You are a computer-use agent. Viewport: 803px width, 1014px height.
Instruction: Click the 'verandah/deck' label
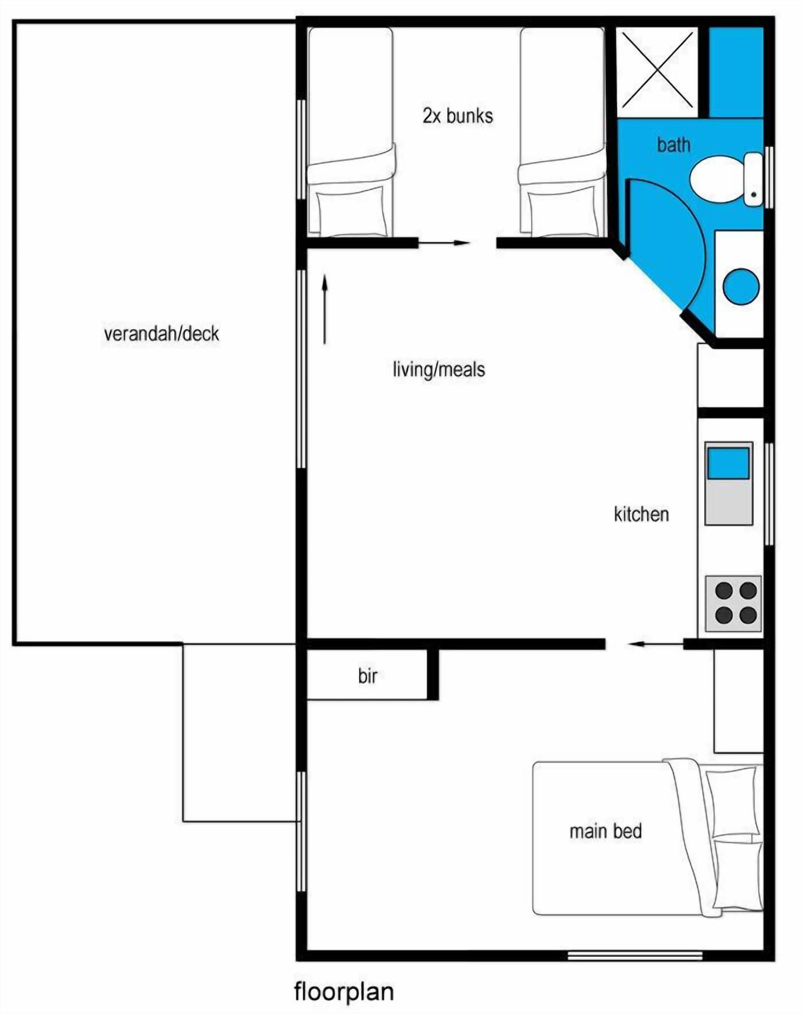tap(161, 334)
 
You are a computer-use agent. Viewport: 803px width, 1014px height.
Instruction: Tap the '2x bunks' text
tap(458, 116)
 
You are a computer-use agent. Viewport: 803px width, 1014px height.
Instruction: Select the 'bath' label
tap(674, 146)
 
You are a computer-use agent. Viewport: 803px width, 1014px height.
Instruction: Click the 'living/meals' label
tap(439, 369)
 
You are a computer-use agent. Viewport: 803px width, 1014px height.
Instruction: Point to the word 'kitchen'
tap(641, 514)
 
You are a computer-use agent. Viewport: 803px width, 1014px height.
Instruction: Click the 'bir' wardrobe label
tap(368, 676)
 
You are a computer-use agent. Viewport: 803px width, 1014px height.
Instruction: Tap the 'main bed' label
tap(606, 831)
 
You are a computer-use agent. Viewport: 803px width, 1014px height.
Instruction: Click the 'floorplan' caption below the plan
tap(344, 992)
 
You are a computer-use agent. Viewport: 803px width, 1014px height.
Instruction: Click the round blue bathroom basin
tap(741, 286)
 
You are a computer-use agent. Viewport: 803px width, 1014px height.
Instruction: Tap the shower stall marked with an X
tap(657, 70)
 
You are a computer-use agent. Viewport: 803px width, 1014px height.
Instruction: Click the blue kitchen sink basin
tap(728, 463)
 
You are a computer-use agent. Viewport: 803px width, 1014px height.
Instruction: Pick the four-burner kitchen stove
tap(733, 603)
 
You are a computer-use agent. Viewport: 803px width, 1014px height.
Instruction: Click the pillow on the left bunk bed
tap(350, 209)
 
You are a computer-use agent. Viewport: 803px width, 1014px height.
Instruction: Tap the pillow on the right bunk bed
tap(561, 209)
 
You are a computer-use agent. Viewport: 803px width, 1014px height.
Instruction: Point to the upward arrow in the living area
tap(325, 309)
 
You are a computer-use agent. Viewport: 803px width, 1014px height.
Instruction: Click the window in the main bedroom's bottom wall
tap(635, 956)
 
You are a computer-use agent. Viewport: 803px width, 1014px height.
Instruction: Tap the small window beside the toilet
tap(769, 177)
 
